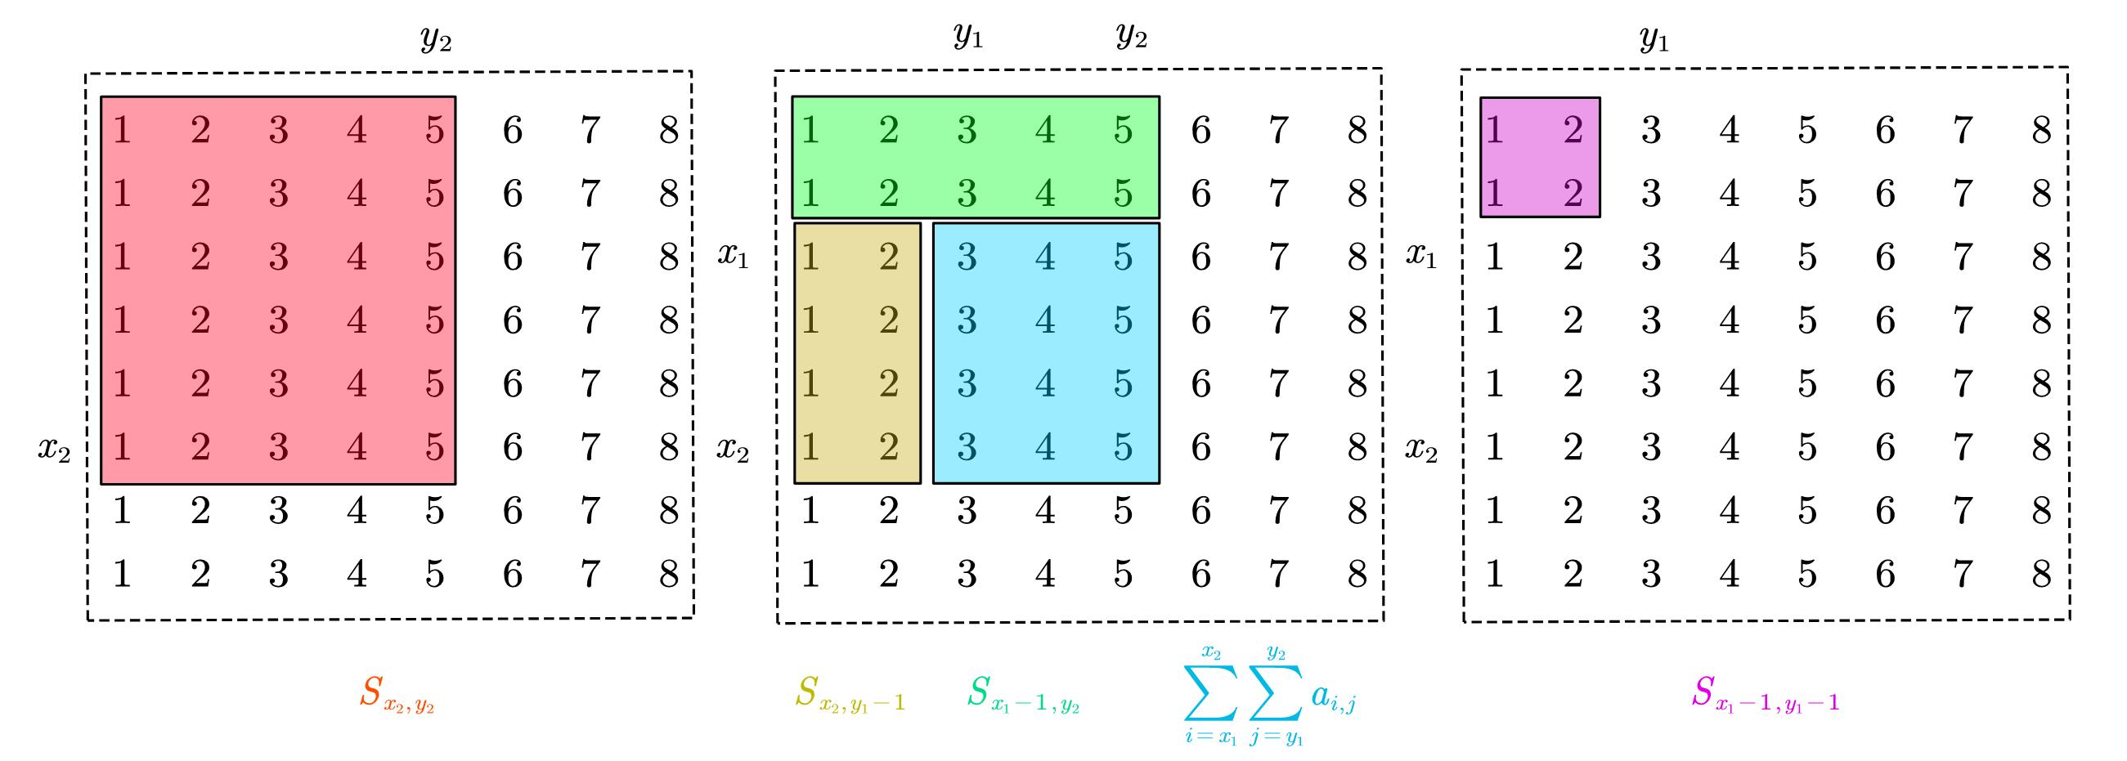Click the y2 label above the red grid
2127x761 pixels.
[436, 38]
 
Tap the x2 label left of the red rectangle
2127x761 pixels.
[54, 450]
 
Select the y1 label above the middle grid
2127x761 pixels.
[967, 36]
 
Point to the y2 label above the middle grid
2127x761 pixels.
[1131, 36]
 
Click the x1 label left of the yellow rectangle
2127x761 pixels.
[733, 256]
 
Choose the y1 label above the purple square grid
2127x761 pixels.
[1654, 38]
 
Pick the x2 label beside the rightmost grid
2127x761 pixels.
[1421, 450]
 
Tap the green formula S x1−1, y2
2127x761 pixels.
[1023, 694]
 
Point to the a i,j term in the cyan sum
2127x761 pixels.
[1333, 697]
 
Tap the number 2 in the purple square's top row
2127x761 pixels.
[1572, 131]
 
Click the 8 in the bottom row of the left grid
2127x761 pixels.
[668, 575]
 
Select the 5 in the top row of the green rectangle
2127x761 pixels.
[1122, 131]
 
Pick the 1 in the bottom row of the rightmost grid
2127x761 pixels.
[1494, 575]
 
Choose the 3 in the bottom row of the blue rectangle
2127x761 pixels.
[966, 447]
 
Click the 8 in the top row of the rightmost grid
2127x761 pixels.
[2040, 131]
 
